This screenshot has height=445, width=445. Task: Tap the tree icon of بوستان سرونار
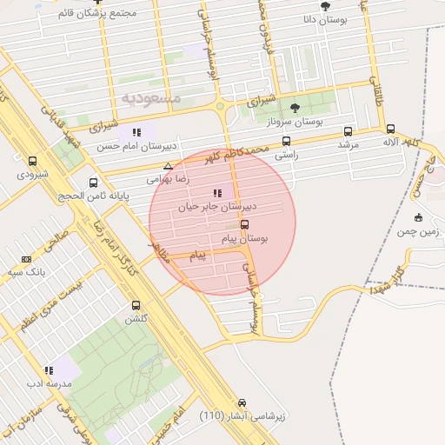pyautogui.click(x=295, y=108)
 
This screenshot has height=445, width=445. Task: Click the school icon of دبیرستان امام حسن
pyautogui.click(x=136, y=132)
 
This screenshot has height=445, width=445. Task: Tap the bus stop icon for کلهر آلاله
pyautogui.click(x=390, y=129)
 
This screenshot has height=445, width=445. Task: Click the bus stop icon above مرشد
pyautogui.click(x=348, y=132)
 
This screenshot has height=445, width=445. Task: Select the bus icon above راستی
pyautogui.click(x=286, y=142)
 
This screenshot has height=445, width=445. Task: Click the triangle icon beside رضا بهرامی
pyautogui.click(x=168, y=166)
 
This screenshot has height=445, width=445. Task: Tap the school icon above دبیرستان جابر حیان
pyautogui.click(x=216, y=194)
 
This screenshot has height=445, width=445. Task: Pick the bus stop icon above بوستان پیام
pyautogui.click(x=243, y=223)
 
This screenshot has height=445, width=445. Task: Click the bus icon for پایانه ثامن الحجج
pyautogui.click(x=93, y=183)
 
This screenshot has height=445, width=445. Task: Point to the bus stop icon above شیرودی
pyautogui.click(x=33, y=161)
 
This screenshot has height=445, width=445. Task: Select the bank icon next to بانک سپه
pyautogui.click(x=26, y=259)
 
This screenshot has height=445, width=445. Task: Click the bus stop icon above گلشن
pyautogui.click(x=136, y=305)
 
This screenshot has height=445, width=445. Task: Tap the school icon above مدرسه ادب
pyautogui.click(x=50, y=369)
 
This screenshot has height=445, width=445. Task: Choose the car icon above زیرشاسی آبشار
pyautogui.click(x=242, y=403)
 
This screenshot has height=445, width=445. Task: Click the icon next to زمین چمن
pyautogui.click(x=418, y=218)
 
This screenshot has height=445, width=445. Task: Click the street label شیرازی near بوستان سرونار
pyautogui.click(x=261, y=101)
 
